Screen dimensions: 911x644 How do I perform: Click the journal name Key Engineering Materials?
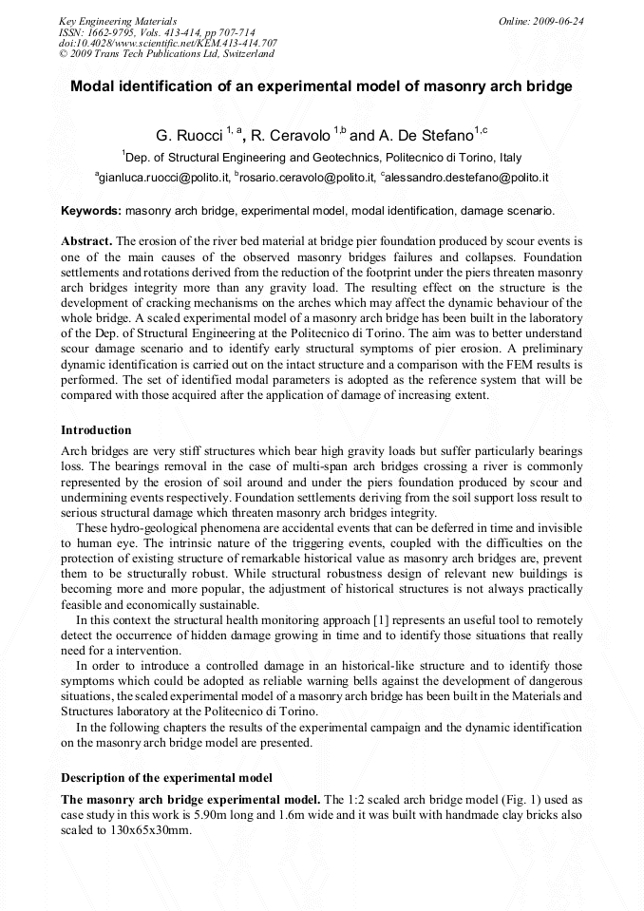pyautogui.click(x=117, y=21)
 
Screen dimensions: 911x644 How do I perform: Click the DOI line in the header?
pyautogui.click(x=167, y=43)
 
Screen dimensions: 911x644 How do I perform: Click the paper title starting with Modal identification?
pyautogui.click(x=321, y=86)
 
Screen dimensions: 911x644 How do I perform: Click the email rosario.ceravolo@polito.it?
pyautogui.click(x=303, y=178)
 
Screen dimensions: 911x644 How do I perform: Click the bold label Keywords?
pyautogui.click(x=91, y=211)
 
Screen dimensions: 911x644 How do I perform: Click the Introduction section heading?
pyautogui.click(x=96, y=430)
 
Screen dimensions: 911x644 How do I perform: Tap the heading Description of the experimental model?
pyautogui.click(x=166, y=778)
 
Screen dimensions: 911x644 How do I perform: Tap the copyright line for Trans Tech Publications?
pyautogui.click(x=166, y=54)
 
